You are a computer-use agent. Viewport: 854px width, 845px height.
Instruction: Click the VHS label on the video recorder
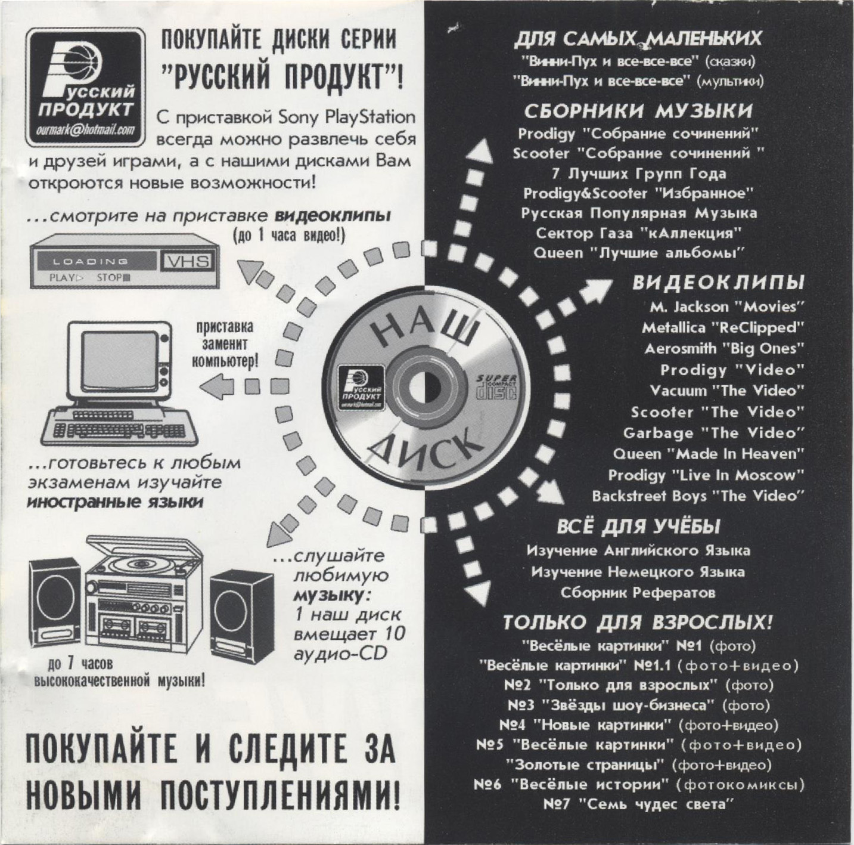click(188, 261)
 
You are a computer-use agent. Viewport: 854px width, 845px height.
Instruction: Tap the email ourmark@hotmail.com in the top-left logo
click(86, 131)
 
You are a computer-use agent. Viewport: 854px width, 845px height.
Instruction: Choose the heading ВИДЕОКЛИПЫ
click(718, 283)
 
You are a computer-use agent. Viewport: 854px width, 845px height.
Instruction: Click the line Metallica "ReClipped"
click(722, 328)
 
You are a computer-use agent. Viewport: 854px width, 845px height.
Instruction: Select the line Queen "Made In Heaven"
click(708, 454)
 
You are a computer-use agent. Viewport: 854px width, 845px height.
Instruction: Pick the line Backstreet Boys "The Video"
click(698, 496)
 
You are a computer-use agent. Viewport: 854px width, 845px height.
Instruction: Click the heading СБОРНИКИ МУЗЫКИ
click(638, 112)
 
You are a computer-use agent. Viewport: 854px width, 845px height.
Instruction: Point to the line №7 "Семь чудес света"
click(636, 804)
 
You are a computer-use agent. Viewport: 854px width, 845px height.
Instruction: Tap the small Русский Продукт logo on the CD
click(361, 387)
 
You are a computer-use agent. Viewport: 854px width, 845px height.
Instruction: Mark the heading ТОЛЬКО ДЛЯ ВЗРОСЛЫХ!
click(638, 623)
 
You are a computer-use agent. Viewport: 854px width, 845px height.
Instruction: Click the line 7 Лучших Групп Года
click(639, 174)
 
